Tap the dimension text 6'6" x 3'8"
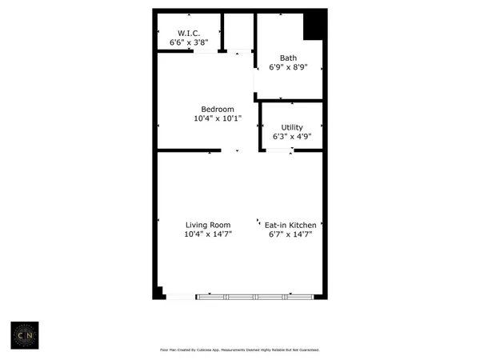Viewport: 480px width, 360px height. [x=188, y=42]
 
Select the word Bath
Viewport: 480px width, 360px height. [x=288, y=58]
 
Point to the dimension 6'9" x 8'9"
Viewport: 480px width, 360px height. [x=288, y=67]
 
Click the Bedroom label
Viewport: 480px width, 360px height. [x=217, y=110]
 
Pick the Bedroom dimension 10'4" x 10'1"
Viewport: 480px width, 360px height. [x=217, y=119]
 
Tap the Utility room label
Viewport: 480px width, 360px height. [x=292, y=127]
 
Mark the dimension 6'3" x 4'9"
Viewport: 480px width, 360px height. [x=292, y=137]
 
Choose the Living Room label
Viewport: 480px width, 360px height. [x=208, y=225]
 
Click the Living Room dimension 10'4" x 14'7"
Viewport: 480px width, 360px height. [x=208, y=234]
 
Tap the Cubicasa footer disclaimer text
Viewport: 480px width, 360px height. [x=241, y=350]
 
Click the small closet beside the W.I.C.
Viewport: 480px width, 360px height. [x=238, y=32]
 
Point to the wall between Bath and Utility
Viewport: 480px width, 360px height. [x=291, y=101]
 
